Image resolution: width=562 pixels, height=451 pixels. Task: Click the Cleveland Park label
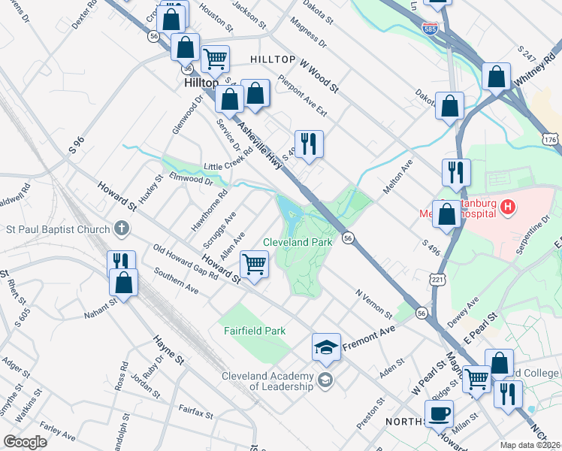[x=298, y=243]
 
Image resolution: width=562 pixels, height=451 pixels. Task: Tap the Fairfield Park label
[x=254, y=331]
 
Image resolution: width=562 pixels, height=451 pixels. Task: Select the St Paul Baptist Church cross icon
[x=122, y=229]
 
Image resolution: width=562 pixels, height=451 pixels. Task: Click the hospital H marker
[x=509, y=206]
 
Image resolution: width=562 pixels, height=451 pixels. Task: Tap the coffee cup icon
[x=439, y=413]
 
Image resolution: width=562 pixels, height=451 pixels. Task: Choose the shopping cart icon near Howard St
[x=254, y=265]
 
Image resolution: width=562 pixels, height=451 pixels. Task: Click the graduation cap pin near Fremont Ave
[x=326, y=347]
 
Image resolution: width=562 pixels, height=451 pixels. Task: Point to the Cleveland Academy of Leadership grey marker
[x=325, y=379]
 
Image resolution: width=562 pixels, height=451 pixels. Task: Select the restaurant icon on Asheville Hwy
[x=308, y=144]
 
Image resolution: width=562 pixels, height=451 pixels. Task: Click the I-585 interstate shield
[x=430, y=29]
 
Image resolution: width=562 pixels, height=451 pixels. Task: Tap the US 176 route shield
[x=551, y=140]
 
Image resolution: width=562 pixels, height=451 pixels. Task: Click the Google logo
[x=26, y=442]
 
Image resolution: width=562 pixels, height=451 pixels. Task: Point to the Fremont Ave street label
[x=369, y=339]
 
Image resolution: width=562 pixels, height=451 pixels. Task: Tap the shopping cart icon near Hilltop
[x=215, y=58]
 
